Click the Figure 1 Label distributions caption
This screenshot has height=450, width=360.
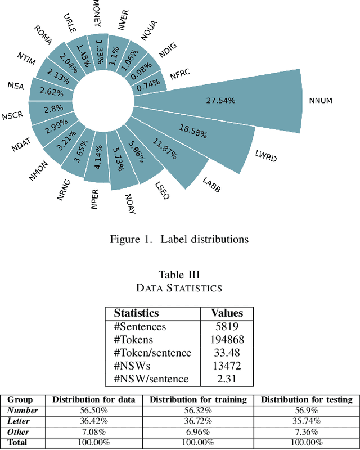click(179, 239)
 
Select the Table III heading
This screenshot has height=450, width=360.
click(179, 274)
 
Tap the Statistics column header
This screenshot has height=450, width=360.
click(136, 313)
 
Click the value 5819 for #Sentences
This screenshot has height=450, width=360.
click(226, 327)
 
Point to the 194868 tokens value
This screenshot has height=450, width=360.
click(226, 340)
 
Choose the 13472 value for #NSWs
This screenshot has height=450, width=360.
click(226, 366)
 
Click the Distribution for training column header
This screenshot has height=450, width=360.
click(198, 400)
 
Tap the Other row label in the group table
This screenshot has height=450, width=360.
click(19, 431)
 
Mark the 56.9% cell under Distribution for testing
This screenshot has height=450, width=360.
click(307, 411)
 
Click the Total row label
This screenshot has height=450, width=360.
click(17, 442)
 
